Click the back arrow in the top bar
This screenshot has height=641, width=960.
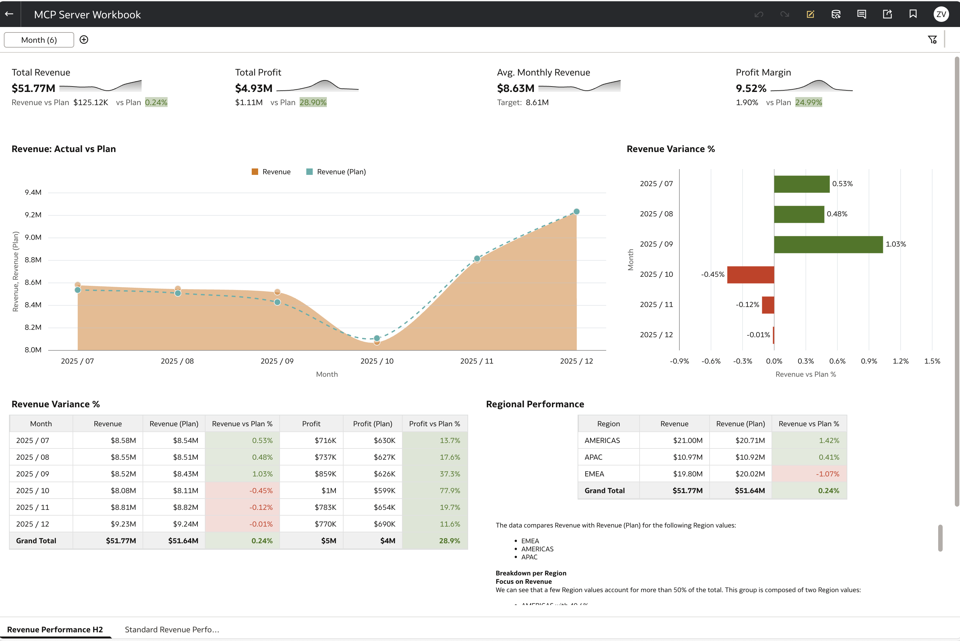(9, 14)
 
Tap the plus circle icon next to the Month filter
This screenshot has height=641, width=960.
(84, 40)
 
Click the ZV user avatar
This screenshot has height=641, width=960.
(941, 14)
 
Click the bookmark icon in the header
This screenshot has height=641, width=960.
(913, 14)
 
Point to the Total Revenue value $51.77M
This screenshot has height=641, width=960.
(33, 88)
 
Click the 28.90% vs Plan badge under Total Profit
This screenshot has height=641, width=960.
(313, 102)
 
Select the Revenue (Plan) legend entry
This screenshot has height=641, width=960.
(336, 172)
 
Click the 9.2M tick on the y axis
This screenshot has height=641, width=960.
(33, 215)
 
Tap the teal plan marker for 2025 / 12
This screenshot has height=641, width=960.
(577, 211)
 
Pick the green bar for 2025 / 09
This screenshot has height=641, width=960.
(828, 244)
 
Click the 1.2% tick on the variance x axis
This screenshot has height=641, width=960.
(900, 361)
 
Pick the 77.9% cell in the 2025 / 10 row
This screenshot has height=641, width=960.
(449, 491)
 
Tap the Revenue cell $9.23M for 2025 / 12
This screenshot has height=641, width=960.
(123, 524)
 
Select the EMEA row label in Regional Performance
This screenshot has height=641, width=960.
(594, 474)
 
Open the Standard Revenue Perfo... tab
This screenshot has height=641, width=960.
(172, 629)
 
